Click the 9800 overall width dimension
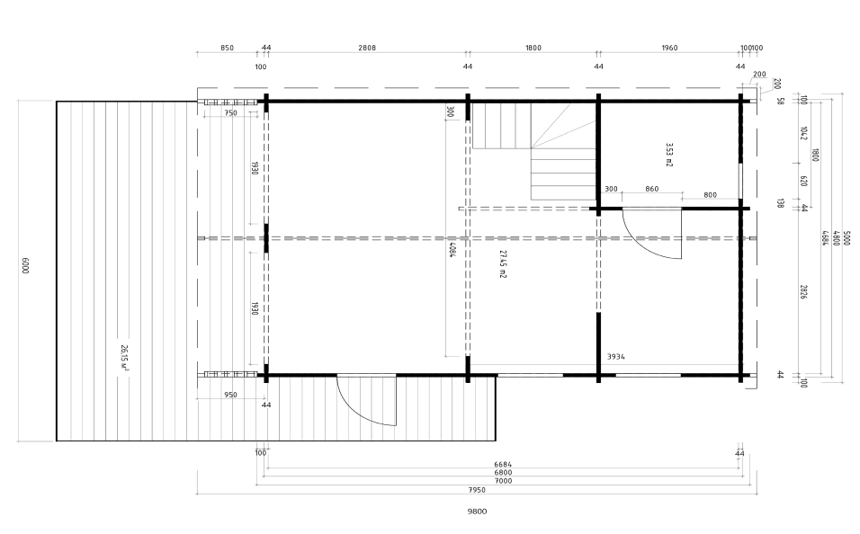[477, 512]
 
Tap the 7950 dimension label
[476, 490]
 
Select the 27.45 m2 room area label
[502, 263]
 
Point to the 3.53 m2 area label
[669, 155]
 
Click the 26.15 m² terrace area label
[124, 358]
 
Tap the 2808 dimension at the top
[367, 48]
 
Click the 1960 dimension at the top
[669, 48]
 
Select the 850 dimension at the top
[227, 48]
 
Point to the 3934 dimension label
[615, 356]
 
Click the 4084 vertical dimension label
[452, 249]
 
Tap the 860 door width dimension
[651, 189]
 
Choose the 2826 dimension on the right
[803, 291]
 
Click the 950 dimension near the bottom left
[231, 395]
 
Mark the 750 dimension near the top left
[231, 113]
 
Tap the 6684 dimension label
[502, 465]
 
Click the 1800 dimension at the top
[533, 48]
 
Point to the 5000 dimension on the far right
[847, 238]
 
